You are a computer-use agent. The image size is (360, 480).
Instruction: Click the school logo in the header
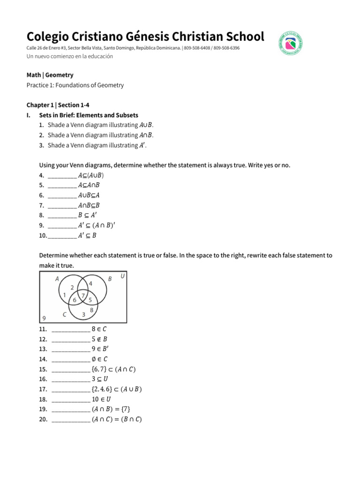coord(290,44)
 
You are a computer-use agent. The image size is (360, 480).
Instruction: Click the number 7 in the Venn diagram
coord(82,295)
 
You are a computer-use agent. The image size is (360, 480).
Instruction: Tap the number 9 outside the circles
coord(44,318)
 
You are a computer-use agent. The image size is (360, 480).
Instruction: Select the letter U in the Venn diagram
coord(122,277)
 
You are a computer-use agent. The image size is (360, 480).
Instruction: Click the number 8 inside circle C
coord(91,309)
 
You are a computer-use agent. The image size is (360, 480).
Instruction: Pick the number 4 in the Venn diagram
coord(90,284)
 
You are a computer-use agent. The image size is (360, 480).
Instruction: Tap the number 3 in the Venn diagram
coord(83,314)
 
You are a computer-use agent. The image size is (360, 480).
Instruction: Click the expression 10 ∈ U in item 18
coord(101,399)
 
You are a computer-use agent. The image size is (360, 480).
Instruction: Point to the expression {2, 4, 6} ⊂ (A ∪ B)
coord(117,389)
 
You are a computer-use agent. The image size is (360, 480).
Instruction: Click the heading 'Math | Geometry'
coord(50,75)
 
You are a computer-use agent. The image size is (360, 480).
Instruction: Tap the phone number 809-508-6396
coord(226,48)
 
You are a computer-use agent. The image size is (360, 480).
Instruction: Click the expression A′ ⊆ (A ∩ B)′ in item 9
coord(96,225)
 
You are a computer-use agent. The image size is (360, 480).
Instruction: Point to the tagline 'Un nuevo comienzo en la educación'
coord(69,56)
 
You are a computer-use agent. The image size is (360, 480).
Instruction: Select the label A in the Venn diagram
coord(57,279)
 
